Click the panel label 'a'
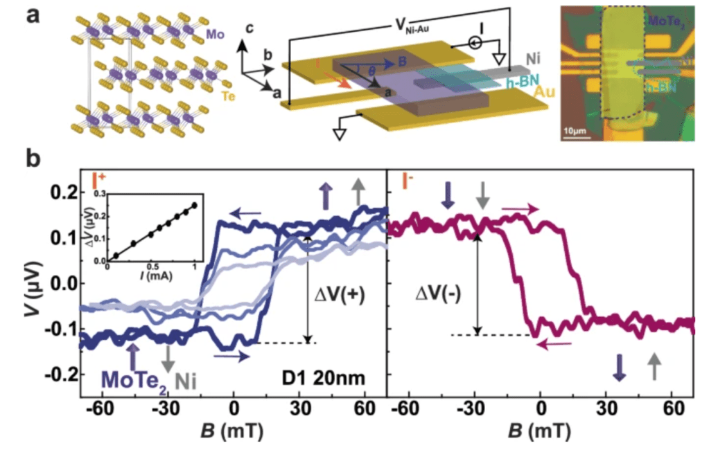[x=32, y=15]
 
